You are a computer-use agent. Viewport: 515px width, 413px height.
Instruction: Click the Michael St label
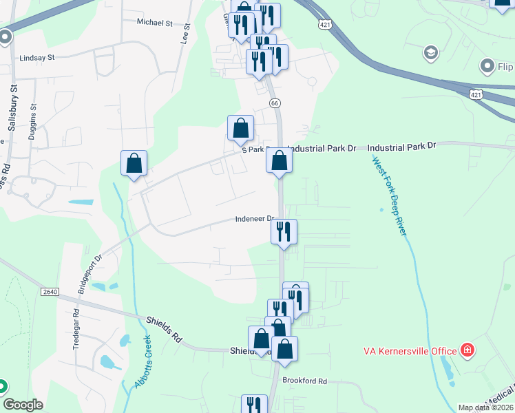(154, 23)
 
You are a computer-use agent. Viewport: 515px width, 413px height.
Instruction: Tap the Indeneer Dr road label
(255, 220)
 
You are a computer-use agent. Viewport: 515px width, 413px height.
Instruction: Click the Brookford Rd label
(304, 381)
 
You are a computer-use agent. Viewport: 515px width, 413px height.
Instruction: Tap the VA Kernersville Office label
(410, 351)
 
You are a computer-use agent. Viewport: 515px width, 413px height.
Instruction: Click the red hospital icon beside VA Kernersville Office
(468, 350)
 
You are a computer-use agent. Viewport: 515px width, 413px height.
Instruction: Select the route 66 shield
(275, 103)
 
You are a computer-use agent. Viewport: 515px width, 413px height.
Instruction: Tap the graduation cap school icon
(430, 52)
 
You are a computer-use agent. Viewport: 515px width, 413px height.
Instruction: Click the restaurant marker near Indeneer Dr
(283, 232)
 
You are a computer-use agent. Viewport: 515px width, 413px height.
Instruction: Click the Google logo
(23, 405)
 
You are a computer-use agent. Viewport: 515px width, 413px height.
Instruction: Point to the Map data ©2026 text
(485, 407)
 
